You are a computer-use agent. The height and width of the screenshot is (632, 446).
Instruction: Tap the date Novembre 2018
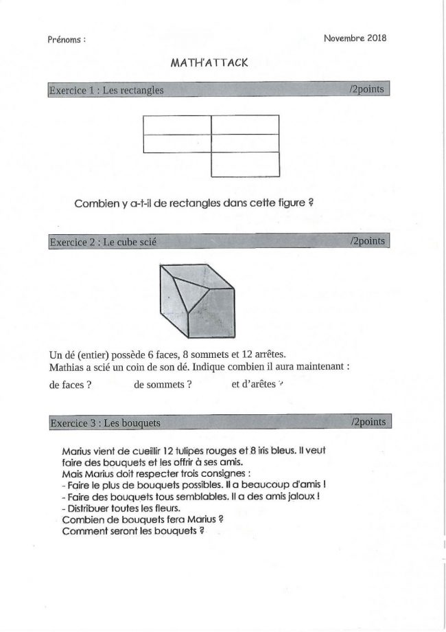355,38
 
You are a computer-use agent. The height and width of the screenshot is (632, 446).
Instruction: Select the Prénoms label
67,40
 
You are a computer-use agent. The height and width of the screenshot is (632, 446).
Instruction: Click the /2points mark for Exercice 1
366,90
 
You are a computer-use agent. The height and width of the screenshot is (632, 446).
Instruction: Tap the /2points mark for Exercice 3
368,422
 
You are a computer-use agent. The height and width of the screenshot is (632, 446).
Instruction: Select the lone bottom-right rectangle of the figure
245,164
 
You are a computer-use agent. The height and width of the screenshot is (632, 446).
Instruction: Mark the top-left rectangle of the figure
177,125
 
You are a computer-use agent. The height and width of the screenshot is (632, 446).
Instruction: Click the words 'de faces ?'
71,385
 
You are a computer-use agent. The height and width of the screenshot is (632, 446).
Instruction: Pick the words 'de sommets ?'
163,385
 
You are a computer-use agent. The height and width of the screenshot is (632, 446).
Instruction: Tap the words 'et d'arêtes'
253,385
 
